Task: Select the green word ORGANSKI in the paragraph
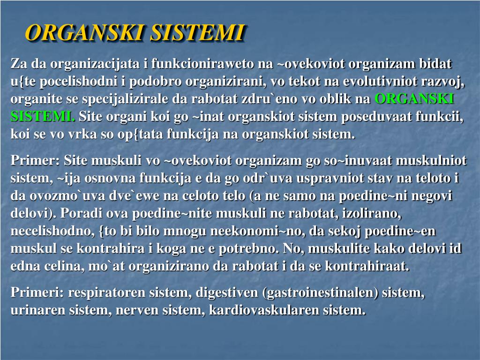coord(414,99)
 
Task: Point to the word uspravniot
coord(333,179)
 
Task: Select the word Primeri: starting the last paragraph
coord(37,293)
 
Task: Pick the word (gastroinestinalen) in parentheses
coord(321,293)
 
